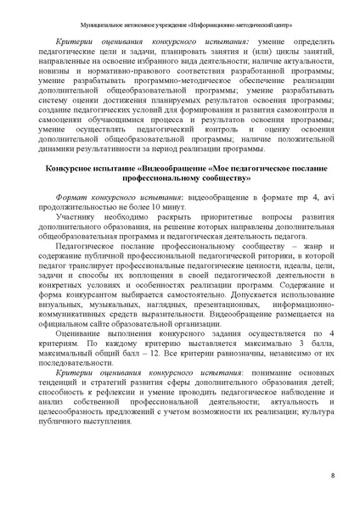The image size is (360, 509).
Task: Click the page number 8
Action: [332, 476]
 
